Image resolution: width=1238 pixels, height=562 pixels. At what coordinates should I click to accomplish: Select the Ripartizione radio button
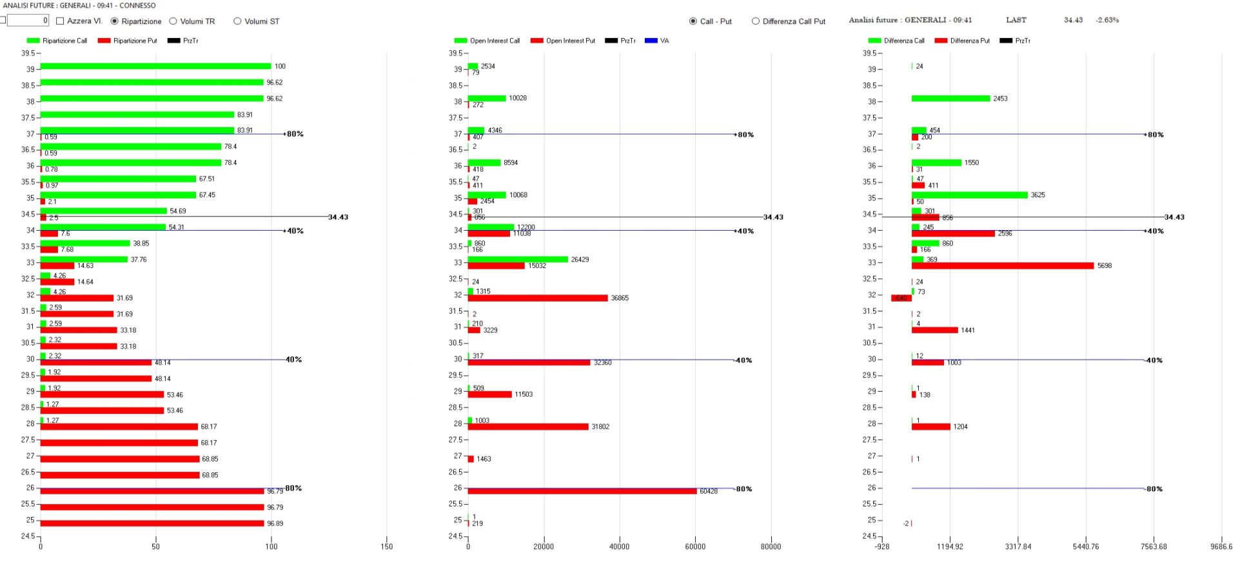coord(115,21)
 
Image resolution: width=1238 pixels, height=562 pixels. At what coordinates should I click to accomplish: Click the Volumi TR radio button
coord(173,21)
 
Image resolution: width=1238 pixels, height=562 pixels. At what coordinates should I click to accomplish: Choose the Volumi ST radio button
coord(237,21)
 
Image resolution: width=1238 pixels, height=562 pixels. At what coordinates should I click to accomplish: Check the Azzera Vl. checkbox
coord(61,21)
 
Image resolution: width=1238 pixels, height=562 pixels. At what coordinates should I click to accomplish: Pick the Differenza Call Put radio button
coord(756,21)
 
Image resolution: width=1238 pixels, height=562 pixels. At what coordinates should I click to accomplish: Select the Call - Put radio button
coord(693,21)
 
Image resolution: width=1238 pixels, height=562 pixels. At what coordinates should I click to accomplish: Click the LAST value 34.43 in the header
coord(1073,20)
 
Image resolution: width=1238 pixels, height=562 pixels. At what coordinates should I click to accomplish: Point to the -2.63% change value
coord(1107,20)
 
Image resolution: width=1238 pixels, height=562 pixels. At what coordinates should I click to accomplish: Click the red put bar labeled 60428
coord(582,491)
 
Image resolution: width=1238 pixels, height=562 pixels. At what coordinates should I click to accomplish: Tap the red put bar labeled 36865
coord(538,298)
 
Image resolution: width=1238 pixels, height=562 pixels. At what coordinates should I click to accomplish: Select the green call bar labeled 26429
coord(518,259)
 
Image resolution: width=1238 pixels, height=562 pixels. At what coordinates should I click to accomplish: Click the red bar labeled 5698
coord(1003,266)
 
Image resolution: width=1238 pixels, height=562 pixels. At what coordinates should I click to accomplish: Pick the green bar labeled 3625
coord(969,195)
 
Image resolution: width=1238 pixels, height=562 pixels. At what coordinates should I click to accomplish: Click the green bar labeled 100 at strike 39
coord(155,66)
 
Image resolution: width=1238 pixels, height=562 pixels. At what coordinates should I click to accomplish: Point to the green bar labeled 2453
coord(950,99)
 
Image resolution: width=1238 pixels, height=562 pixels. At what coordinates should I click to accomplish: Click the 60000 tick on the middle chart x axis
coord(695,547)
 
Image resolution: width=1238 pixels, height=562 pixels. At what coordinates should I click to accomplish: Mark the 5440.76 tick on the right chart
coord(1086,547)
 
